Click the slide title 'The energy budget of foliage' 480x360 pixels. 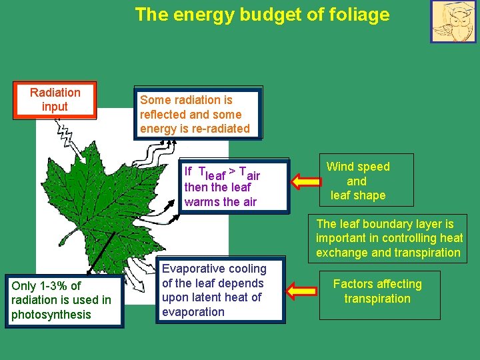point(262,14)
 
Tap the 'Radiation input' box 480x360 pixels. point(55,100)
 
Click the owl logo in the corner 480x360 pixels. point(453,21)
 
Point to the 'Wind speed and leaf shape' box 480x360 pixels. point(358,181)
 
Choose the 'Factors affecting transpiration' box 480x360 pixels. point(377,292)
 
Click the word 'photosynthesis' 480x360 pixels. point(51,315)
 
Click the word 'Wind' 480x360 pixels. point(340,167)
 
